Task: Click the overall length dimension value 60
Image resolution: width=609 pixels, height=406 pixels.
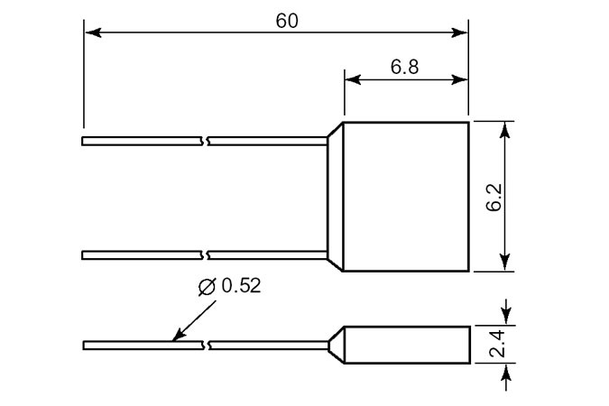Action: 287,20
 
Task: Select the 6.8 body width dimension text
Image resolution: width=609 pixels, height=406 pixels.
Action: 405,66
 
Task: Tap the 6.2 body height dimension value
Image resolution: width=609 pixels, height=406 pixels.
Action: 493,196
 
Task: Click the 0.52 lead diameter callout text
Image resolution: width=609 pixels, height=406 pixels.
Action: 241,287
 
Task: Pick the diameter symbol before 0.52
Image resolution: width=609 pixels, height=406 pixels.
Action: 206,287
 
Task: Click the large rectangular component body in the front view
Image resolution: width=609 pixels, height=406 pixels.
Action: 406,196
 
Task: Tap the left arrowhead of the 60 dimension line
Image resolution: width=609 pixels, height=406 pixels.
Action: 90,33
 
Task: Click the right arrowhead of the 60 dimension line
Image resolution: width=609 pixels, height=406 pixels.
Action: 462,33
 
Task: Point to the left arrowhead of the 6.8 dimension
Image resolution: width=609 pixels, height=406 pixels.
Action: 352,79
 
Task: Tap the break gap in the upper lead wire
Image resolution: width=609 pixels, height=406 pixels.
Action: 205,141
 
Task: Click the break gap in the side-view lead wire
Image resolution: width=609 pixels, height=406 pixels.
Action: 205,346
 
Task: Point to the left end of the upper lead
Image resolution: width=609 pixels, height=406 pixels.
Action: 84,141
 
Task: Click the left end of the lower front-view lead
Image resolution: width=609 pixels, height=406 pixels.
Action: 84,255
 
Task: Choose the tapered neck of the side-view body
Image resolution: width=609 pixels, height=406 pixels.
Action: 336,345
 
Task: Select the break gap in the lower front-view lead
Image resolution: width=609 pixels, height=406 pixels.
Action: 205,255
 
